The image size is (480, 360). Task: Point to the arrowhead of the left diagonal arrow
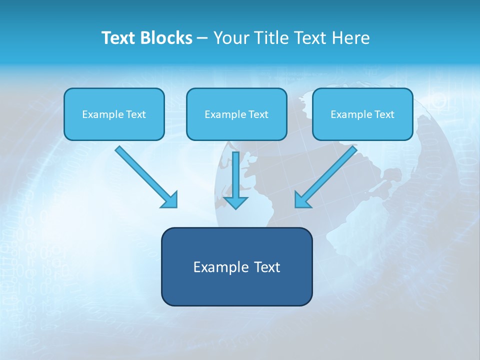[170, 199]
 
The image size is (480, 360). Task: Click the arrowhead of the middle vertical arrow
[235, 202]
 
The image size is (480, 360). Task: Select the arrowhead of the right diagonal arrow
[302, 199]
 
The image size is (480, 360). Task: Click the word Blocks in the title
[166, 38]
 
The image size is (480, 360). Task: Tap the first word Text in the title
[119, 38]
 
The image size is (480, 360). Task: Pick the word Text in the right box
[384, 114]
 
